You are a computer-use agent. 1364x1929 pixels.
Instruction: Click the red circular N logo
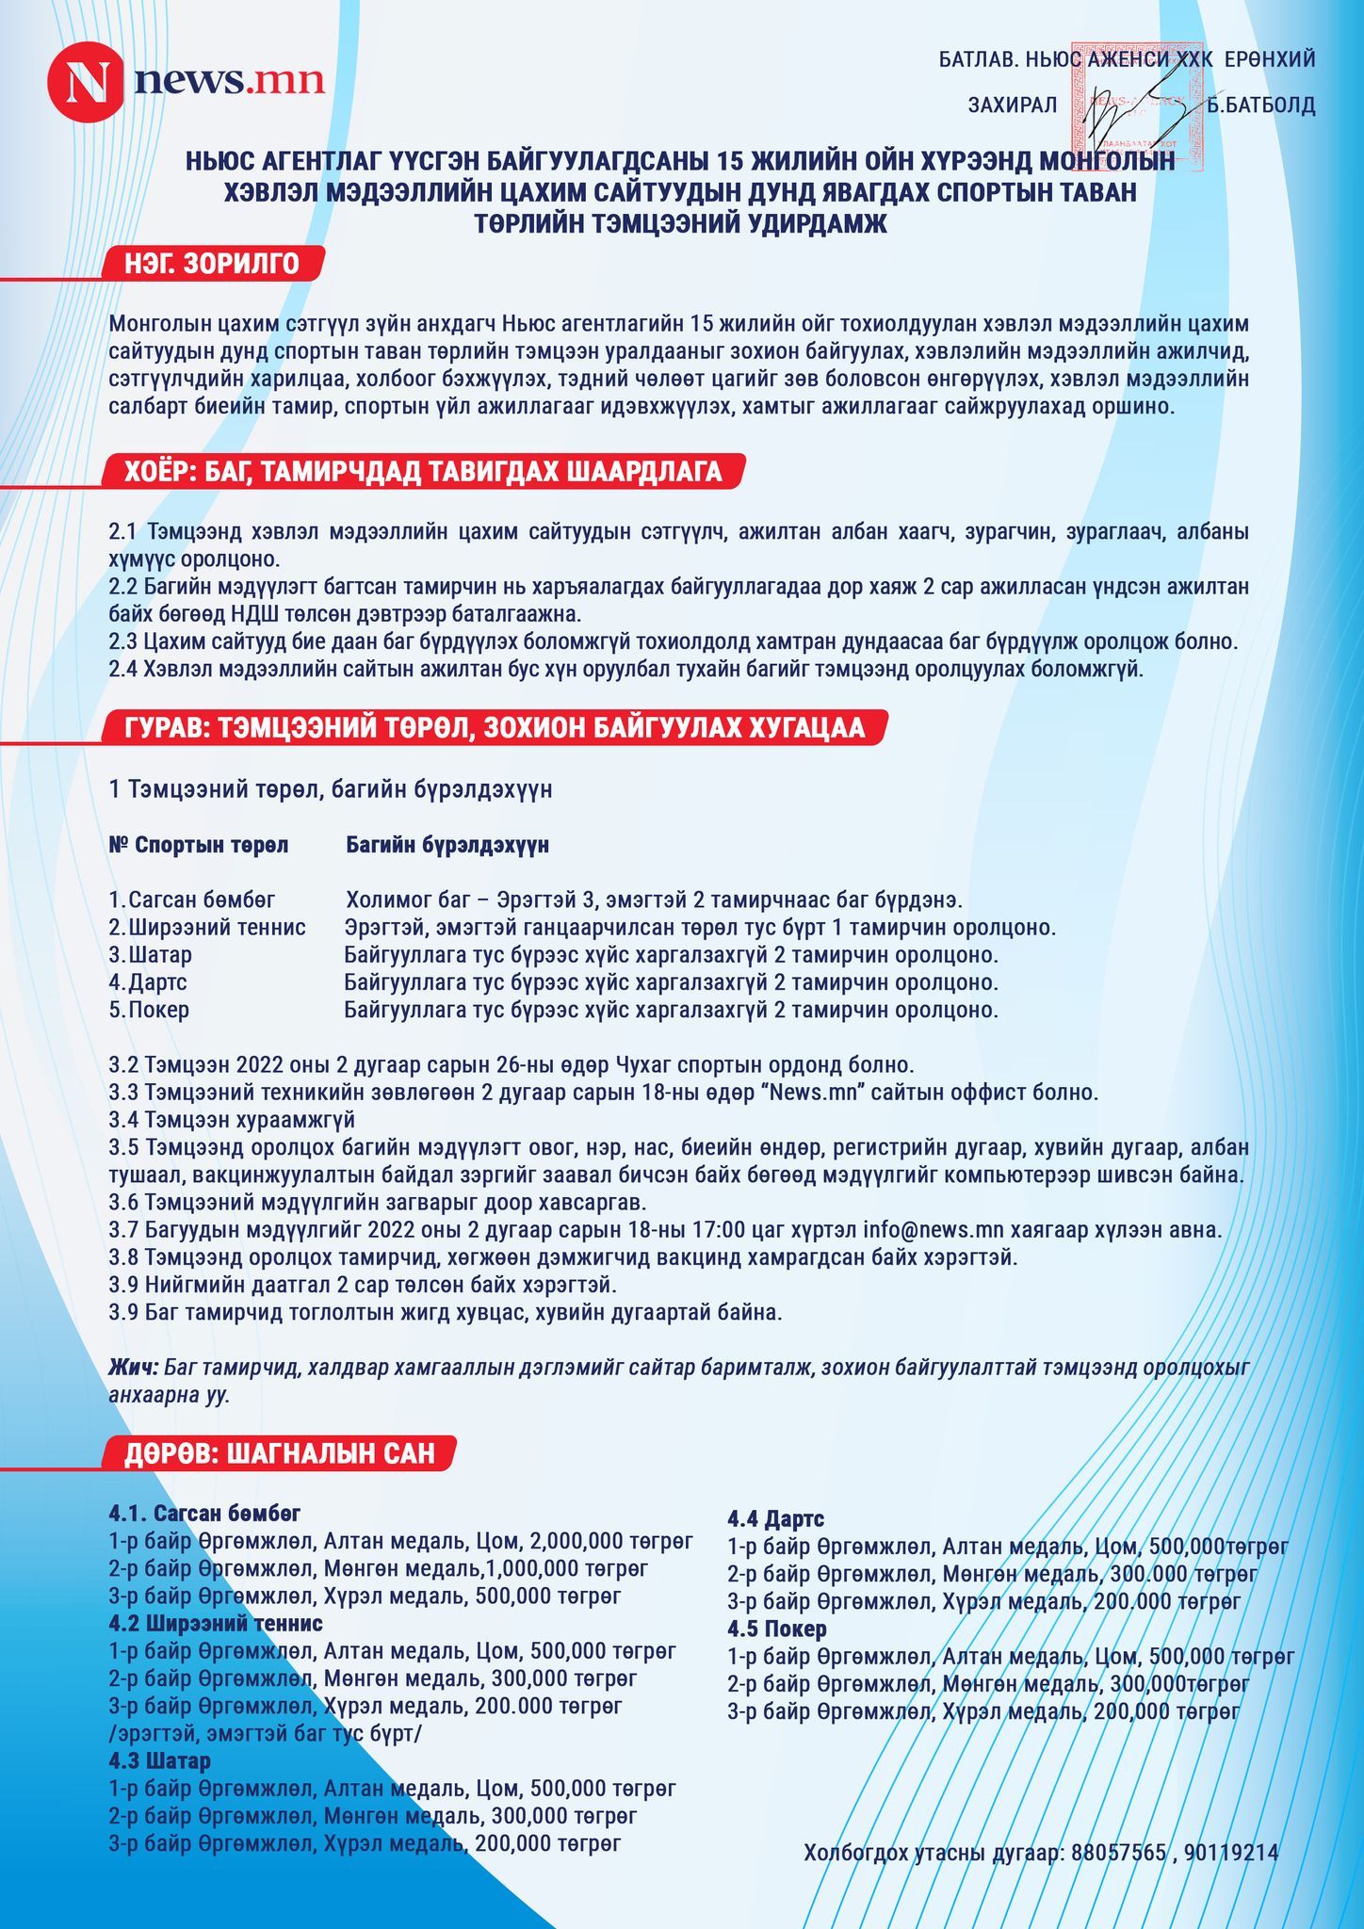click(x=84, y=82)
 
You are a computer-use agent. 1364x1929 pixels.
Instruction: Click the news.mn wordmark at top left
click(x=230, y=81)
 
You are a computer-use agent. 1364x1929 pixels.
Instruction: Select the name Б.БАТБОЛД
click(x=1261, y=105)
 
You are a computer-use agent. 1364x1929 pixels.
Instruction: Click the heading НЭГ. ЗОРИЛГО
click(x=212, y=264)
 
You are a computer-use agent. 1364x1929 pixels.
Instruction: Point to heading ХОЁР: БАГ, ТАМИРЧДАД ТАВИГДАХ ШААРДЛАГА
click(x=423, y=472)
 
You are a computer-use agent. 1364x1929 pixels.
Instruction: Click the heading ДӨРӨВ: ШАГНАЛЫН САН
click(x=280, y=1453)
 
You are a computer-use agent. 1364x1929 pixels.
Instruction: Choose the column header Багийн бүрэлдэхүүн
click(x=447, y=845)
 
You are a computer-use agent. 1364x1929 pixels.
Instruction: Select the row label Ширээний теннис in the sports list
click(x=217, y=927)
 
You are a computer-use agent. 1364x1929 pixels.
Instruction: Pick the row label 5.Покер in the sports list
click(x=150, y=1010)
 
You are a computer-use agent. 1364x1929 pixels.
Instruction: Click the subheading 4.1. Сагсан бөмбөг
click(x=204, y=1514)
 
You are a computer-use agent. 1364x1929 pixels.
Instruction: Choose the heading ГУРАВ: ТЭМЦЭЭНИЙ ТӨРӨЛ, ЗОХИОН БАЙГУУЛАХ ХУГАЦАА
click(x=495, y=728)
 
